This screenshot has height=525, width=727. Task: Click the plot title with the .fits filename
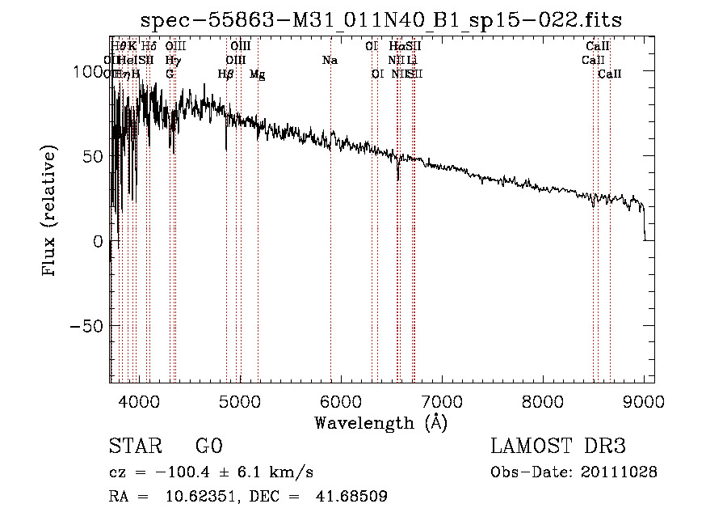click(x=380, y=20)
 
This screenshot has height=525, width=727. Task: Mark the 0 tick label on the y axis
click(x=98, y=241)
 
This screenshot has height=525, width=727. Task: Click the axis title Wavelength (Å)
click(x=380, y=422)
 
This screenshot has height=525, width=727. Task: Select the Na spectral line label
click(x=330, y=61)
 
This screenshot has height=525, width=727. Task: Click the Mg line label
click(x=257, y=74)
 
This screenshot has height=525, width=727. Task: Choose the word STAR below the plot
click(x=134, y=447)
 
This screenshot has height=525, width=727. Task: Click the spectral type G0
click(x=208, y=447)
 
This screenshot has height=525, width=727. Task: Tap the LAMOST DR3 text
click(x=558, y=447)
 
